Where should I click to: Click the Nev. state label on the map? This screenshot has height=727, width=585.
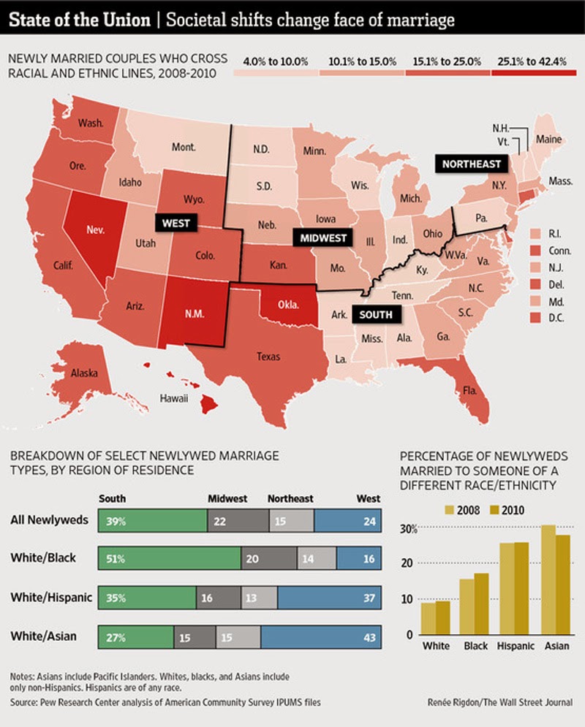click(95, 228)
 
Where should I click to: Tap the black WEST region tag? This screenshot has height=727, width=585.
click(176, 222)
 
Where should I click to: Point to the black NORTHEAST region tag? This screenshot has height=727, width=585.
click(471, 164)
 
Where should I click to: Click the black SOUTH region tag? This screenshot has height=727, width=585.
click(376, 315)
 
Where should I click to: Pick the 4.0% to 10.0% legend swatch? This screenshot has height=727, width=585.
click(276, 74)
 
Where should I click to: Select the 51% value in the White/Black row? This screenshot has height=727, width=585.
click(116, 558)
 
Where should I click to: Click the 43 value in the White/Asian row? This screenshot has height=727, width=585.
click(370, 637)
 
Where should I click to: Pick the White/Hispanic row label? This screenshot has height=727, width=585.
click(51, 598)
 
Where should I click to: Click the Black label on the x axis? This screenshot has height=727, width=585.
click(476, 646)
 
